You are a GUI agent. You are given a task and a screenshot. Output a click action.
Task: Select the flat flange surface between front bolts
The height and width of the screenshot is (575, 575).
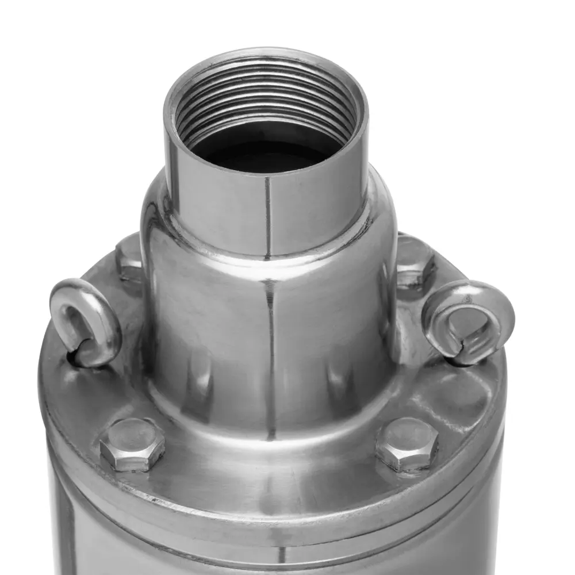point(270,466)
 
